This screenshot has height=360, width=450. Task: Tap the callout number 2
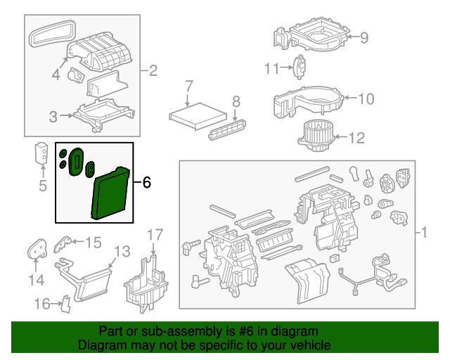[153, 70]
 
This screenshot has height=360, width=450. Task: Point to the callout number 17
[155, 234]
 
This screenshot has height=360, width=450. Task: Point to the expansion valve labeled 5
[41, 154]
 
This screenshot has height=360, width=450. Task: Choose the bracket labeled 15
[64, 243]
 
